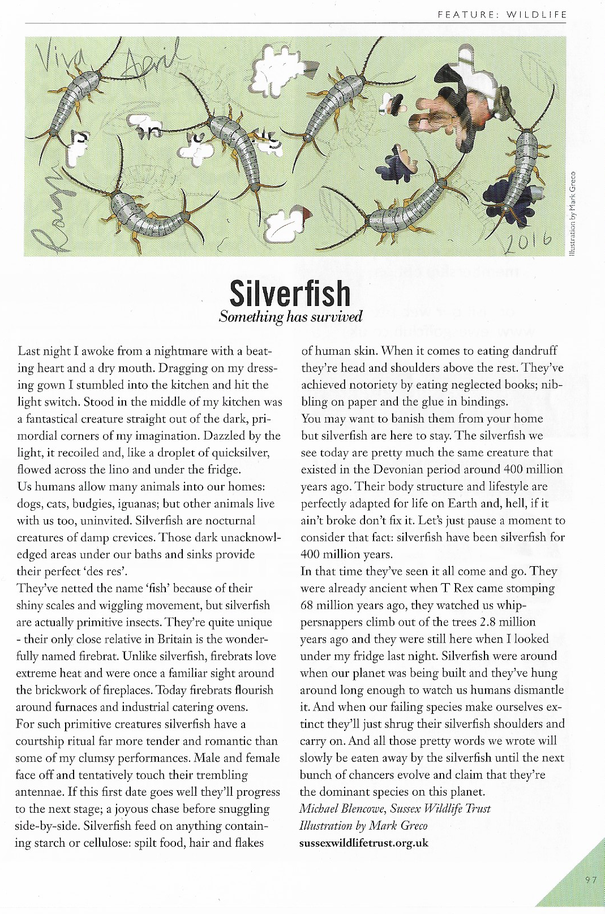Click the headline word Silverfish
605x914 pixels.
coord(290,292)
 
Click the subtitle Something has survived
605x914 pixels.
coord(290,317)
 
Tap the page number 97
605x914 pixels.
coord(591,880)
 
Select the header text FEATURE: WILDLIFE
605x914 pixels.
coord(502,15)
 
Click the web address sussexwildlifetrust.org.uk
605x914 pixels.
coord(364,843)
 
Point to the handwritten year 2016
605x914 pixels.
coord(526,242)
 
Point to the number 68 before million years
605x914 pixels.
coord(307,605)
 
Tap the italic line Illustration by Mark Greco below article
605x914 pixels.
coord(363,826)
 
